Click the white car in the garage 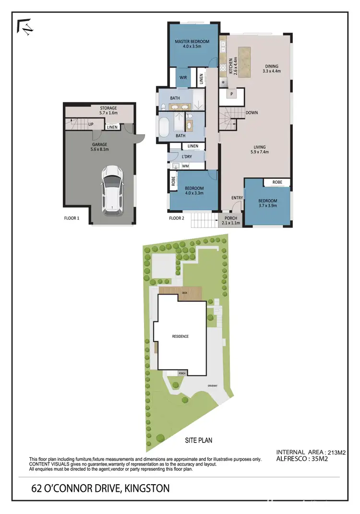pyautogui.click(x=111, y=190)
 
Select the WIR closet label pyautogui.click(x=183, y=77)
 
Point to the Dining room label pyautogui.click(x=271, y=69)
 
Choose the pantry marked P pyautogui.click(x=231, y=94)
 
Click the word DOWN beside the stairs pyautogui.click(x=252, y=113)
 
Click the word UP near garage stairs pyautogui.click(x=91, y=125)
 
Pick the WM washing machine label pyautogui.click(x=185, y=166)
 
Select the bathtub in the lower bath pyautogui.click(x=164, y=128)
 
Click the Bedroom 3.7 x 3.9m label pyautogui.click(x=268, y=203)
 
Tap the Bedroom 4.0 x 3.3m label pyautogui.click(x=194, y=191)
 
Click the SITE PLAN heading pyautogui.click(x=199, y=440)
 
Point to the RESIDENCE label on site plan pyautogui.click(x=180, y=336)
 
